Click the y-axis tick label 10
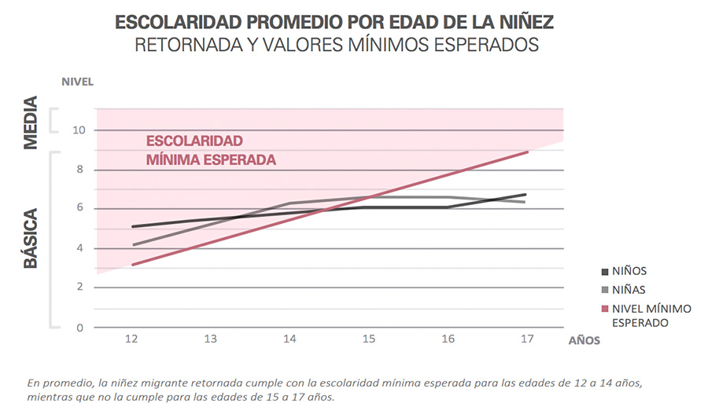point(79,130)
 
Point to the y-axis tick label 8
point(80,170)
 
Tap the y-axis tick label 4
point(80,248)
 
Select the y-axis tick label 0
point(80,328)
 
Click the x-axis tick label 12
point(131,339)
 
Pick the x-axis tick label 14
point(289,339)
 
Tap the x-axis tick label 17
point(527,339)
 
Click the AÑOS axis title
point(584,340)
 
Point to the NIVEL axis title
point(78,82)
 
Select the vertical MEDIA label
point(31,123)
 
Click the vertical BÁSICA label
point(31,239)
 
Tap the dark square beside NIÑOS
point(605,272)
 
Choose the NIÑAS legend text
point(629,290)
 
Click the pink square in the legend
point(605,309)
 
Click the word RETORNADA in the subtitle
point(189,45)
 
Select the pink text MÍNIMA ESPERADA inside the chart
point(211,160)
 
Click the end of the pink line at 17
point(528,152)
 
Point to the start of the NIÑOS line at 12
point(132,226)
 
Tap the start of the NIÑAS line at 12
point(133,245)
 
